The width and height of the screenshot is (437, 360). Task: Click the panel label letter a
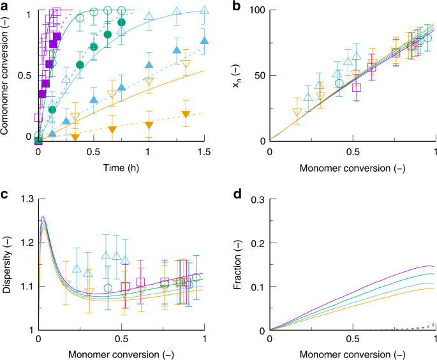[x=5, y=6]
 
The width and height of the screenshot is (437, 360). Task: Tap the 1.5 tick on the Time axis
[x=204, y=152]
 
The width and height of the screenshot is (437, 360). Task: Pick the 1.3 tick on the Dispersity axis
[x=26, y=200]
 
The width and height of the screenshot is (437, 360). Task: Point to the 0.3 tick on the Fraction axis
[x=258, y=200]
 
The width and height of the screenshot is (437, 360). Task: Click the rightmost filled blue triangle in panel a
[x=204, y=41]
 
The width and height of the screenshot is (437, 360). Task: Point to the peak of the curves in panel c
[x=43, y=219]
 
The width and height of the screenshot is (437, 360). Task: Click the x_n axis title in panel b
[x=239, y=75]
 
